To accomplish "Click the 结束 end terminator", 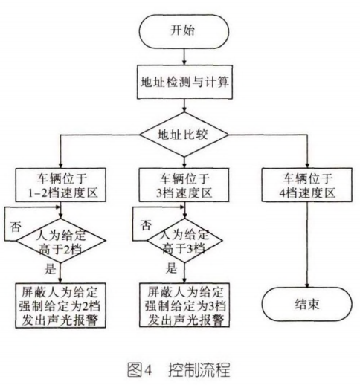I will (300, 305).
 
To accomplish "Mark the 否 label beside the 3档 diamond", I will (147, 223).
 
